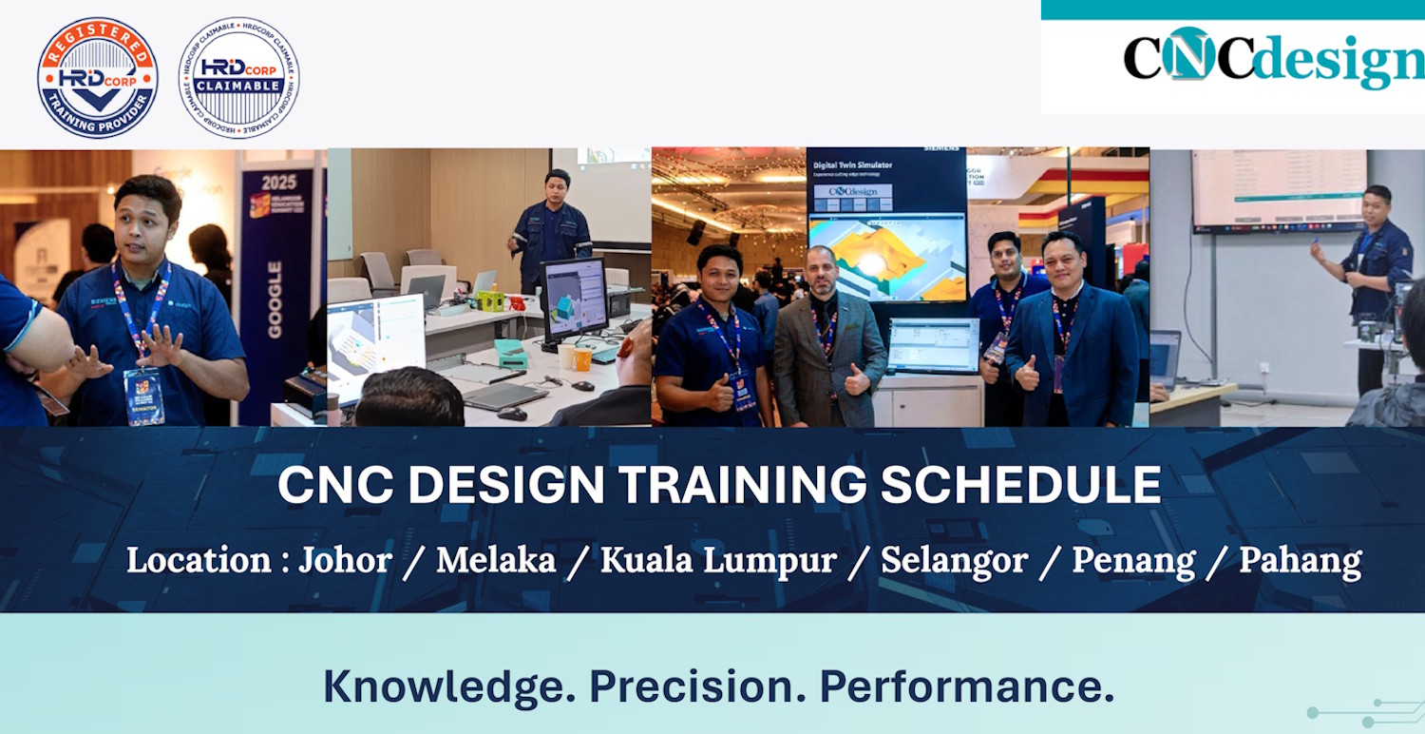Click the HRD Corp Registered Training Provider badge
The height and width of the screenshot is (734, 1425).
pos(97,78)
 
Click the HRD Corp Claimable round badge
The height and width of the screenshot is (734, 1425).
pos(238,78)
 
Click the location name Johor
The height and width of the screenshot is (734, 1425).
pos(345,560)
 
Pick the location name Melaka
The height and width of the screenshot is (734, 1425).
pos(496,560)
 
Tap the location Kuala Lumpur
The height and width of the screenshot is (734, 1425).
pos(718,560)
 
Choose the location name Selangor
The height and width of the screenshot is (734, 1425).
pos(954,560)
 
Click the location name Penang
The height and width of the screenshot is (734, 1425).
pos(1133,561)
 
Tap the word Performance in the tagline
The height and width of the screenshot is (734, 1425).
pos(966,686)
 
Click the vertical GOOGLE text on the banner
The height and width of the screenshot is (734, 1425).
pos(275,299)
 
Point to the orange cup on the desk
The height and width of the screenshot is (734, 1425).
pos(582,358)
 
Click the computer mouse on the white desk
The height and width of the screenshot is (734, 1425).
pos(512,413)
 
